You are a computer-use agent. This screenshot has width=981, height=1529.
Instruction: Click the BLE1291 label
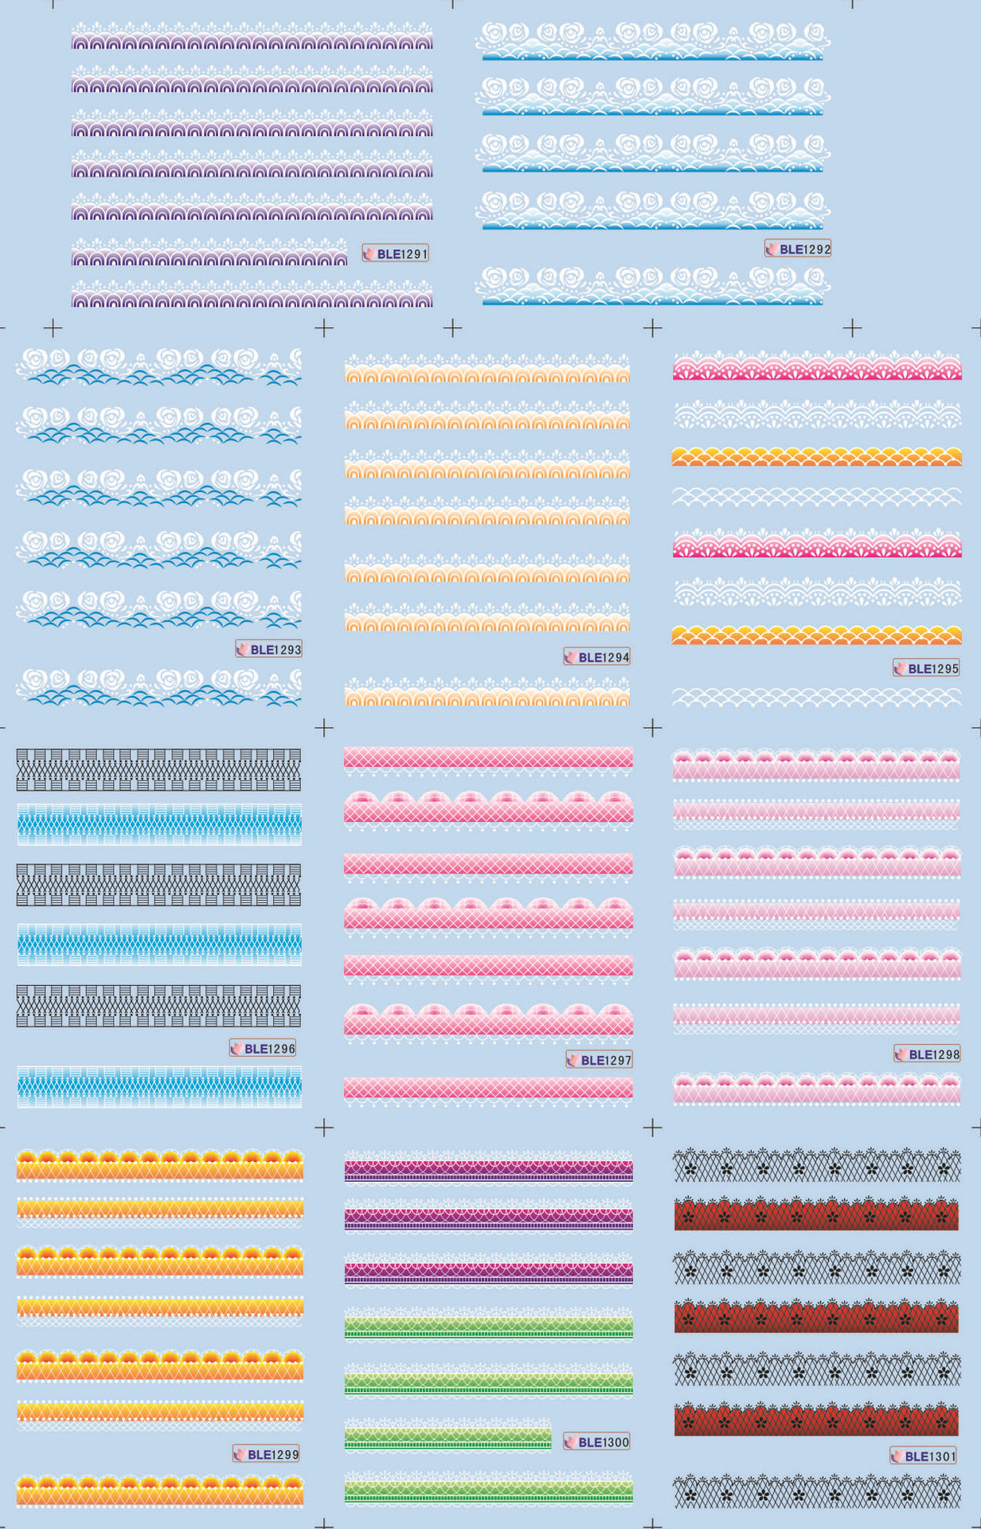pos(396,254)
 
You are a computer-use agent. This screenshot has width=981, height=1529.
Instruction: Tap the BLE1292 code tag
pos(798,249)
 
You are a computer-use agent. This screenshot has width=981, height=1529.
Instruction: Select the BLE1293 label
pos(269,650)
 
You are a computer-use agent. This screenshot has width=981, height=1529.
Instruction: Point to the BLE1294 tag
pos(597,658)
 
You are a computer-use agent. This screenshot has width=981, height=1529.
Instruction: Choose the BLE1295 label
pos(926,669)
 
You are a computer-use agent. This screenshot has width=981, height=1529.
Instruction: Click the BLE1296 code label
pos(263,1049)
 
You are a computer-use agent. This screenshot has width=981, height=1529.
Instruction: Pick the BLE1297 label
pos(600,1060)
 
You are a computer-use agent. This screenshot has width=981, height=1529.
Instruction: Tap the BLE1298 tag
pos(928,1054)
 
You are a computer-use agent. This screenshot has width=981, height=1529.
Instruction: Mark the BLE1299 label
pos(267,1454)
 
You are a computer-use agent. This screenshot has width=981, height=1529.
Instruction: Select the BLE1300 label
pos(597,1442)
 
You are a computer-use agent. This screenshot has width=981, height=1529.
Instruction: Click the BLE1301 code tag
pos(924,1457)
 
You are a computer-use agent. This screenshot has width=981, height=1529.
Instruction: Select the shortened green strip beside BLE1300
pos(448,1438)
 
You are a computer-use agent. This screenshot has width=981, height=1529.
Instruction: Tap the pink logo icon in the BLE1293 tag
pos(242,650)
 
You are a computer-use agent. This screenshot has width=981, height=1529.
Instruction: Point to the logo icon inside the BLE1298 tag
pos(901,1054)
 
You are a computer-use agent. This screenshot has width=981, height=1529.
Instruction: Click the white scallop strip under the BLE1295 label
pos(816,698)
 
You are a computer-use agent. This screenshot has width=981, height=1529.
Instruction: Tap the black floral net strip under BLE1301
pos(816,1491)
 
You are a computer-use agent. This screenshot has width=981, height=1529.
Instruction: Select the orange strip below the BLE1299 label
pos(159,1491)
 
